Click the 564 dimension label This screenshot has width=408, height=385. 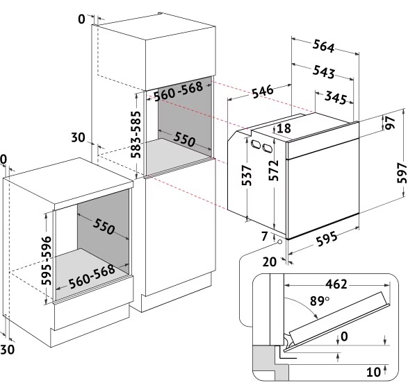coord(323,46)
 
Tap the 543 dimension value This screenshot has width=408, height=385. coord(323,71)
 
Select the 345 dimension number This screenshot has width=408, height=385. coord(336,98)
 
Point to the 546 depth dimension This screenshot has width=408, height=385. coord(263,92)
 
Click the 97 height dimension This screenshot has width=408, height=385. coord(390,123)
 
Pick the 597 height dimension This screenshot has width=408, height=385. coord(402,173)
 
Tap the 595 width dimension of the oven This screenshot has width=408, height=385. coord(327,239)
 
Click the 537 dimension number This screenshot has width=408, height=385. coord(247,176)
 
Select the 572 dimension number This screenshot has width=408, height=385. coord(274,171)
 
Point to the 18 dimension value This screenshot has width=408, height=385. coord(284,128)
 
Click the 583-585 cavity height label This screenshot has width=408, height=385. coord(136,135)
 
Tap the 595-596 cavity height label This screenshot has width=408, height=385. coord(47,260)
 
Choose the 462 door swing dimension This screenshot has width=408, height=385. coord(336,284)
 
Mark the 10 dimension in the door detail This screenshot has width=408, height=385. coord(373,372)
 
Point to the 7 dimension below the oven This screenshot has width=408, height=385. coord(264,237)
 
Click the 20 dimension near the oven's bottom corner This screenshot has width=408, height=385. coord(269,262)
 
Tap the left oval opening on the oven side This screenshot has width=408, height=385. coord(255,144)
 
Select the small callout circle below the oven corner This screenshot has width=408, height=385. coord(279,242)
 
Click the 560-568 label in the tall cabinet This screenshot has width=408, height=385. coord(178,91)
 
